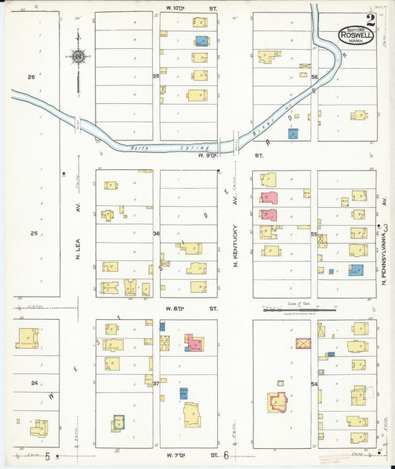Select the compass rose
(77, 56)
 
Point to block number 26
(32, 76)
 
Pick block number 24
(34, 383)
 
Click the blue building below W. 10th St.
(200, 41)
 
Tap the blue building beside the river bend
(293, 134)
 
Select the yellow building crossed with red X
(303, 343)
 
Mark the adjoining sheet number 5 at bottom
(47, 455)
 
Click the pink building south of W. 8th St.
(194, 342)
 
